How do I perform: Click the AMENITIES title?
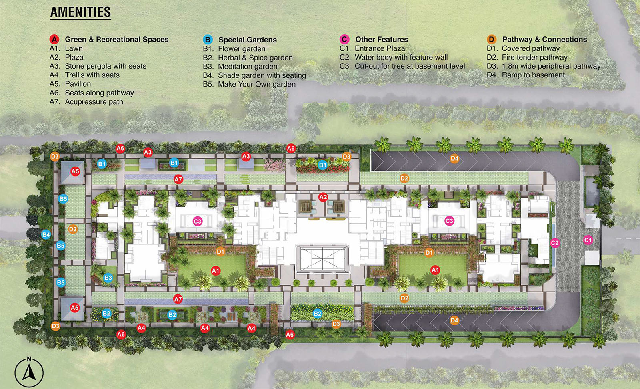point(80,12)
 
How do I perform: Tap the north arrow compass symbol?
point(29,372)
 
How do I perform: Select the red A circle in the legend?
point(54,39)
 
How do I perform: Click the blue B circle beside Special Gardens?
point(208,40)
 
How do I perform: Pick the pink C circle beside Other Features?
point(344,39)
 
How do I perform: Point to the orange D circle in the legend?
point(492,39)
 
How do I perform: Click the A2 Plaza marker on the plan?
point(323,197)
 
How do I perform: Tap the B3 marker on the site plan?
point(108,278)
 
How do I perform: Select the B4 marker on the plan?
point(46,235)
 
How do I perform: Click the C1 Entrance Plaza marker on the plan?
point(588,240)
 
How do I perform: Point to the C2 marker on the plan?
point(554,243)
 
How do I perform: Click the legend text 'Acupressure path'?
point(94,102)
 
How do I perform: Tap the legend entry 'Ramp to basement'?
point(533,75)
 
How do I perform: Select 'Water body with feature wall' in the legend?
point(401,57)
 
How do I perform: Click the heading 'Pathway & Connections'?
point(544,39)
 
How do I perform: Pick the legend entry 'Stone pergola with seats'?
point(106,66)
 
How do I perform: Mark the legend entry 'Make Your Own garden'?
point(257,84)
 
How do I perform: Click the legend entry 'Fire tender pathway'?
point(534,57)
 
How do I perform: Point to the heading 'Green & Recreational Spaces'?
point(117,39)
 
